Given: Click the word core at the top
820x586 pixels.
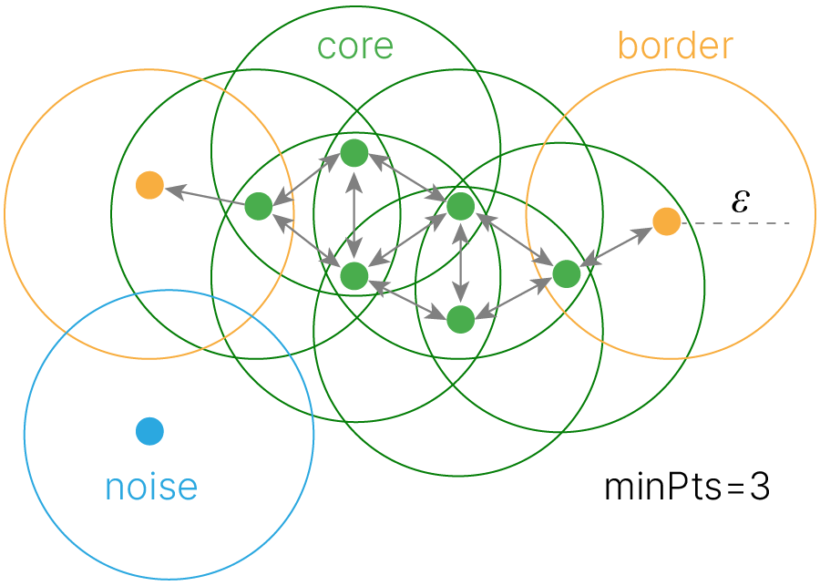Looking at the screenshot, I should [x=355, y=46].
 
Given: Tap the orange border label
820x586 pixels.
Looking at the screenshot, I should [x=675, y=45].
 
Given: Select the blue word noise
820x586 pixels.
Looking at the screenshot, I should [x=151, y=487].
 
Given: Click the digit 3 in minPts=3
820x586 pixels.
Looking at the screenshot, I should [x=760, y=488].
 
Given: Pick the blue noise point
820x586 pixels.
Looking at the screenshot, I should [x=149, y=431].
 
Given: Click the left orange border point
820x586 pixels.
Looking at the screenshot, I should [x=149, y=186].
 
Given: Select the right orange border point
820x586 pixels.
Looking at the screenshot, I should [x=666, y=221].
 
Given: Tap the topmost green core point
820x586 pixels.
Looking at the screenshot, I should [x=354, y=153].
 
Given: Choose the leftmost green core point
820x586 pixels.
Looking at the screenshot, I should [x=259, y=207].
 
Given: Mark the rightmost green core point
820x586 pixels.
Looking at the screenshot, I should [x=566, y=272].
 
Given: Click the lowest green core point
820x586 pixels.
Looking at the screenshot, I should [x=461, y=319].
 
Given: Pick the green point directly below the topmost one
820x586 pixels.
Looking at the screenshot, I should [x=354, y=274].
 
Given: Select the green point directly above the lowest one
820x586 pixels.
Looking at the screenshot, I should [x=461, y=206].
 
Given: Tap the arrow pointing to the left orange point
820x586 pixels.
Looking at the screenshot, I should [x=204, y=196].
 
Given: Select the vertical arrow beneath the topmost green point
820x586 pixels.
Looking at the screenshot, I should [x=354, y=214].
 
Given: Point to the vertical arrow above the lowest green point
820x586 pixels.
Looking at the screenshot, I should [x=461, y=262].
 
